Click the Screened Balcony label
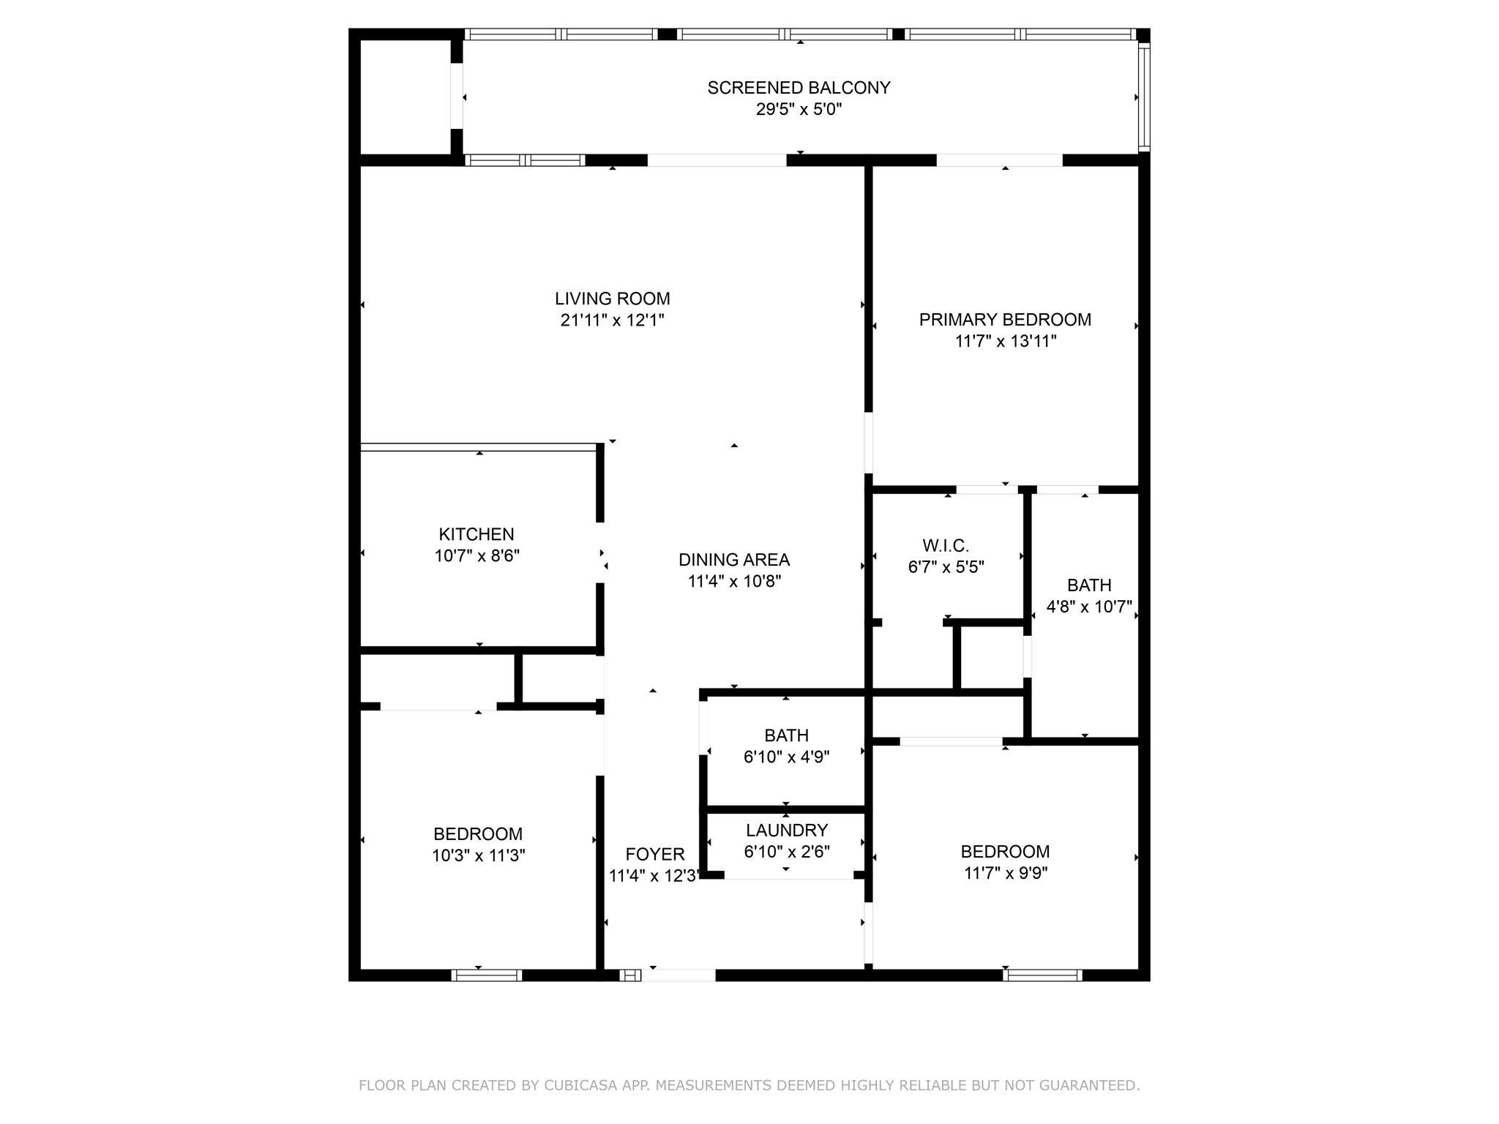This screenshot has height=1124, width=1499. click(x=799, y=88)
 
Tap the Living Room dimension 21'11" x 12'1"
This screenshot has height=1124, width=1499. click(x=613, y=320)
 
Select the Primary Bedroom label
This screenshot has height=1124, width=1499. click(x=1005, y=320)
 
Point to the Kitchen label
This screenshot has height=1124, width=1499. click(x=476, y=534)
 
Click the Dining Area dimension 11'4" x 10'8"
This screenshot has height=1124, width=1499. click(x=734, y=581)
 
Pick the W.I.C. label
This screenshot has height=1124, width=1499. click(x=946, y=546)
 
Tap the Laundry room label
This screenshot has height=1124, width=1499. click(x=787, y=830)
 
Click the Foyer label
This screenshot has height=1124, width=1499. click(x=655, y=854)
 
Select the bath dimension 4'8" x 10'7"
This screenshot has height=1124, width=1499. click(x=1089, y=607)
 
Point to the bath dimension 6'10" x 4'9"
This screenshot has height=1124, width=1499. click(x=787, y=757)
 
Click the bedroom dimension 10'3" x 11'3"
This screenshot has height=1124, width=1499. click(x=479, y=855)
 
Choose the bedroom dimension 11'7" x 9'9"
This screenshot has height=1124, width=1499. click(x=1006, y=873)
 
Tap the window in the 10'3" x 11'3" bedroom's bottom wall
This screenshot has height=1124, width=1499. click(x=487, y=975)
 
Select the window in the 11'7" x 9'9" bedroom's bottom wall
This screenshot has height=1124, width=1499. click(x=1042, y=975)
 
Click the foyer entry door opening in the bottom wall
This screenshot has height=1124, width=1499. click(x=679, y=975)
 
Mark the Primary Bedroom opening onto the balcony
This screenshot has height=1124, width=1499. click(x=999, y=160)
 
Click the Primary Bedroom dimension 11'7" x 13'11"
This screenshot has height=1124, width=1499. click(x=1006, y=341)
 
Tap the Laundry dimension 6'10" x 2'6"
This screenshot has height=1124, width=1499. click(x=787, y=852)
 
